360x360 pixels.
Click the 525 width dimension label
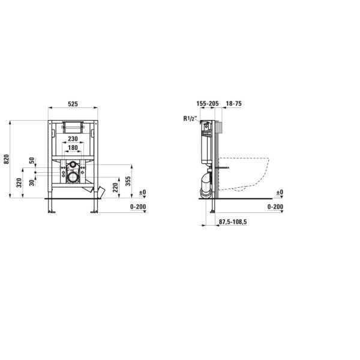tap(73, 104)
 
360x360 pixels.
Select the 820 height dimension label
tap(7, 159)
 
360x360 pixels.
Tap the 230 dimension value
tap(73, 139)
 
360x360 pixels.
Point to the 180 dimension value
tap(73, 148)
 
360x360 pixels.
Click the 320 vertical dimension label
tap(19, 183)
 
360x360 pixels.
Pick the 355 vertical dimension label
tap(128, 181)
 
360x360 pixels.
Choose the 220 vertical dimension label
tap(116, 187)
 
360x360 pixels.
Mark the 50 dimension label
tap(32, 160)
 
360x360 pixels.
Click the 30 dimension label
tap(32, 182)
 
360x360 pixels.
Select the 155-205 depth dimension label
tap(208, 104)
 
